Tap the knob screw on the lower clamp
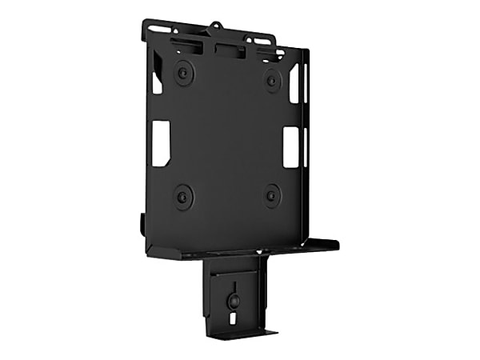point(234,302)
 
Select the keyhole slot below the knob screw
point(234,318)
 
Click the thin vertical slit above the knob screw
point(234,284)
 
